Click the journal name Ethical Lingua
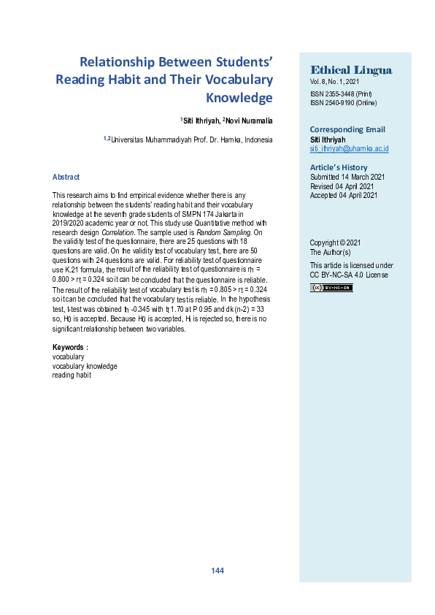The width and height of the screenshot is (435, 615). point(351,70)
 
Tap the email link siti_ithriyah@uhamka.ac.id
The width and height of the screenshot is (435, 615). point(349,148)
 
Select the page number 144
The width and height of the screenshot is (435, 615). point(217,570)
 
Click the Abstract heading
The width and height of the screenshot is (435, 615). point(66,177)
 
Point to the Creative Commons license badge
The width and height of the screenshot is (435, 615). point(331,288)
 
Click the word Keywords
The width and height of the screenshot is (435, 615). point(70,347)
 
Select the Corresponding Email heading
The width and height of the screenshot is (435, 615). point(348,129)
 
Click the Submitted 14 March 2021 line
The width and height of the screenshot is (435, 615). point(347,177)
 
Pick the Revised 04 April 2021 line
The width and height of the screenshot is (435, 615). point(343,186)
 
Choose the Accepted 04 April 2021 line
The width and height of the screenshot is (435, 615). point(344,195)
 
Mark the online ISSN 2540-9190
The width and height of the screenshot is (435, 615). point(342,103)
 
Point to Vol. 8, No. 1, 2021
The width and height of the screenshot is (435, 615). point(334,83)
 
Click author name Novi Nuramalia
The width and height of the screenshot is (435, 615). point(247,121)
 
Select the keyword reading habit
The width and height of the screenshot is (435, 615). point(72,375)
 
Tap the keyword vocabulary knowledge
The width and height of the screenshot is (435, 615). point(85,366)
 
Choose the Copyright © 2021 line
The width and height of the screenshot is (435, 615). point(335,242)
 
